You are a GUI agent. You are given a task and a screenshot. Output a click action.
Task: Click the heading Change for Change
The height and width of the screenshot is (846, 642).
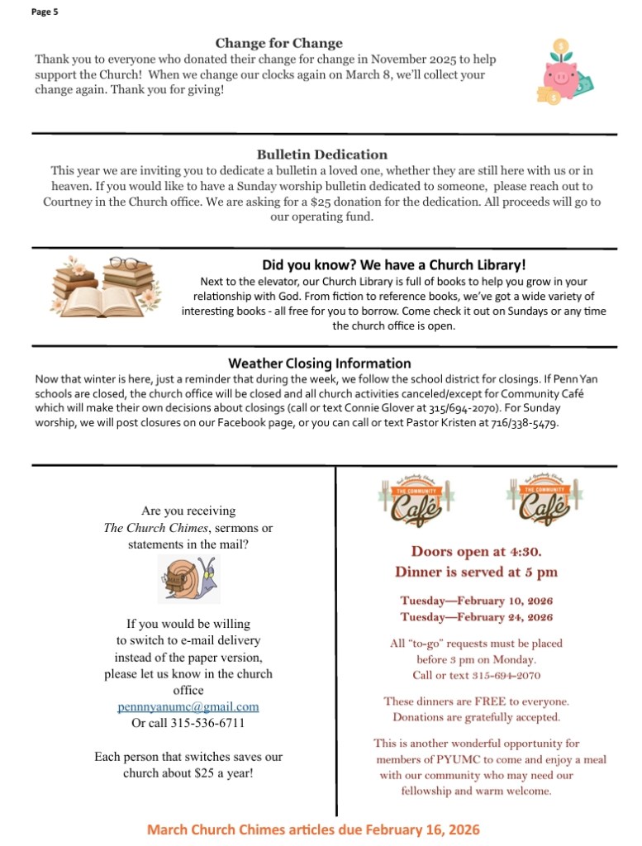coord(278,44)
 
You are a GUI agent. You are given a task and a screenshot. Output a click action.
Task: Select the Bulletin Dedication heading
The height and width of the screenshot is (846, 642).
coord(321,154)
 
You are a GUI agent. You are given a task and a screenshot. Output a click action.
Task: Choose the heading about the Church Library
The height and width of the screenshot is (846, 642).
coord(393,265)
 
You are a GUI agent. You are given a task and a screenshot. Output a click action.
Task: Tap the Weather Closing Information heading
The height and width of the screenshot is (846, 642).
coord(319,364)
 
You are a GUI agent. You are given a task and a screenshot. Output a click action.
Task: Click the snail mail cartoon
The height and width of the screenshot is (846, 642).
coord(188,579)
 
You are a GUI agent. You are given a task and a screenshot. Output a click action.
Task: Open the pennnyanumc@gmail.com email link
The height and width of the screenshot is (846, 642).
coord(188,707)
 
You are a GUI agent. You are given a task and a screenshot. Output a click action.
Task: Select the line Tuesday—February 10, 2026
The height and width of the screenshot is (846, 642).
coord(476,601)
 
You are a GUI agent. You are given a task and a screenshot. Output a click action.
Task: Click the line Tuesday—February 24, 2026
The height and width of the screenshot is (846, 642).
coord(476,617)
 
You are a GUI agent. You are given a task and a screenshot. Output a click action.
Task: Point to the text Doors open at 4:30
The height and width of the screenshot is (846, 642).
coord(477,551)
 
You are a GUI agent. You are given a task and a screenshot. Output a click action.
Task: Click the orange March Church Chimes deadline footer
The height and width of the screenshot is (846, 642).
coord(313,829)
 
